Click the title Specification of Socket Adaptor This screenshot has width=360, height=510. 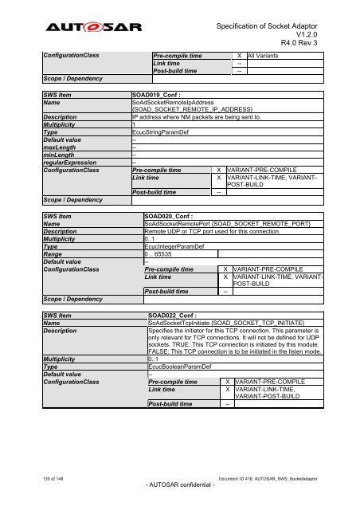coord(268,17)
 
